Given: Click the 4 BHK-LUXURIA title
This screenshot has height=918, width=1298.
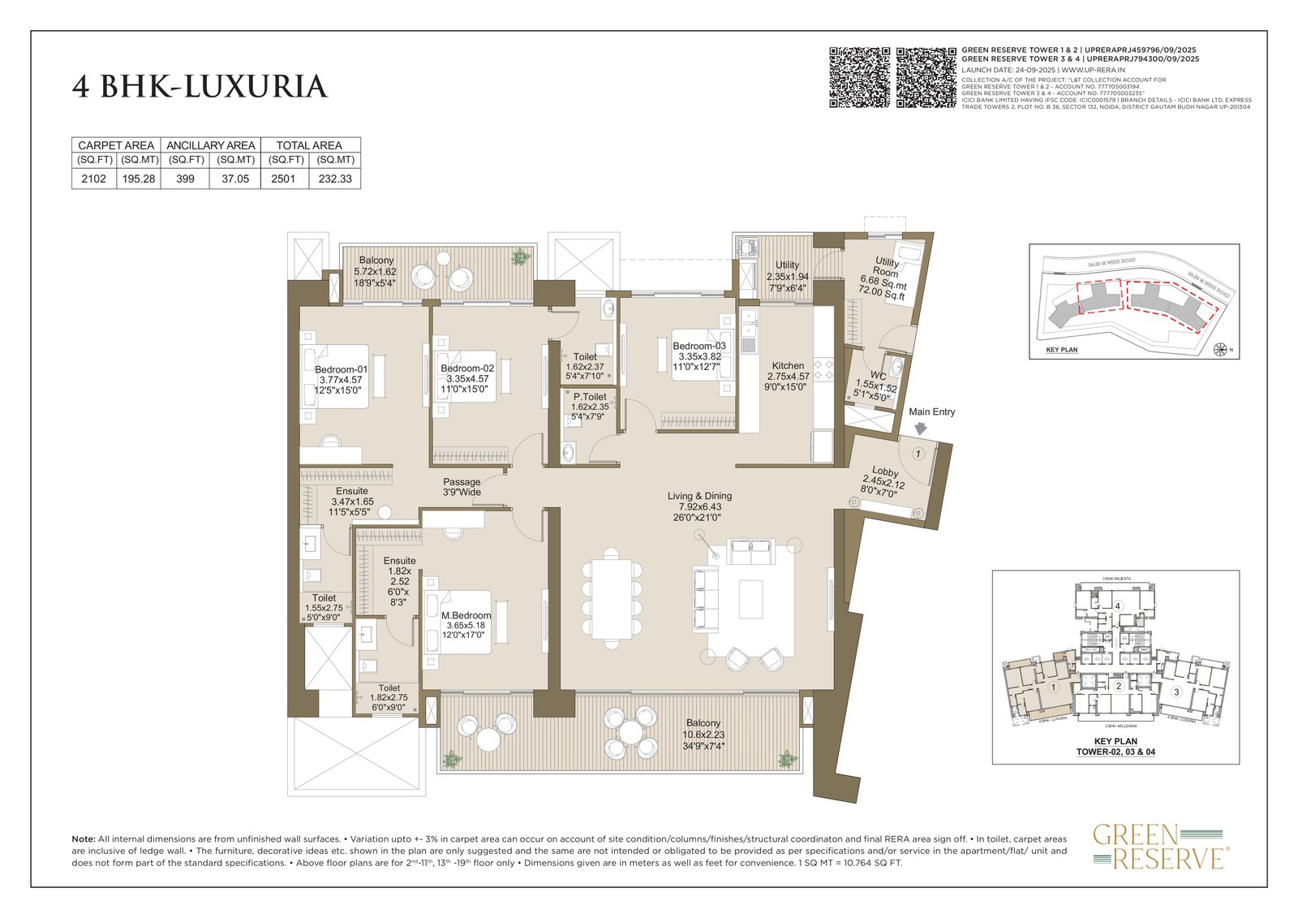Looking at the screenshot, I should (x=200, y=87).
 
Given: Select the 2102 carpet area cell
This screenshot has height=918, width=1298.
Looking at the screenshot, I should (x=93, y=179).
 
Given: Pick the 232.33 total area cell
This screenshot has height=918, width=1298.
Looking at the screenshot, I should (x=334, y=179).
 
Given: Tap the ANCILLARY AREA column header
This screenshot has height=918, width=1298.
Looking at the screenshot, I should (x=211, y=145).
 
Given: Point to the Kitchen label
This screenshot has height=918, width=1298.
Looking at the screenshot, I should (x=788, y=366).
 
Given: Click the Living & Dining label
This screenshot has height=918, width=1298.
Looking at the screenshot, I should (x=699, y=496).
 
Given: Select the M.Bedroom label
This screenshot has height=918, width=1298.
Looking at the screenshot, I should (x=466, y=615).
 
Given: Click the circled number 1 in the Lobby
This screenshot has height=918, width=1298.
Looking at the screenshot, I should (x=918, y=454).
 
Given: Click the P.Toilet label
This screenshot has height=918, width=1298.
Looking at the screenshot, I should (x=589, y=397).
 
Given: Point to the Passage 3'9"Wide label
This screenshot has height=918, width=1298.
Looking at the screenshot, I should (x=461, y=487).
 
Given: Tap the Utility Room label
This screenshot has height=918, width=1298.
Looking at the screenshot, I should (x=886, y=268).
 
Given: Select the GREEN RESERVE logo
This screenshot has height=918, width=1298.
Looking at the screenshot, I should (x=1160, y=847).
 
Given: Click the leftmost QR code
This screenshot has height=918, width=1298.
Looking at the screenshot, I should (x=859, y=78).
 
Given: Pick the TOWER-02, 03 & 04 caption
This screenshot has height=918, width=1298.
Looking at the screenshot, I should (x=1115, y=752).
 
